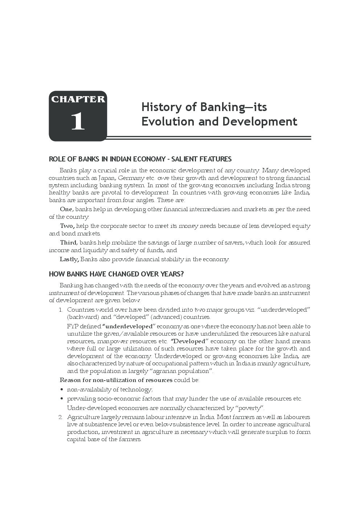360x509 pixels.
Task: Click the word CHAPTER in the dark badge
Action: click(78, 99)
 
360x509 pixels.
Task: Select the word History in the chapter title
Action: click(161, 107)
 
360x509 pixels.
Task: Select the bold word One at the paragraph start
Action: click(66, 209)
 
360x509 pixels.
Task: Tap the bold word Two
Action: click(67, 226)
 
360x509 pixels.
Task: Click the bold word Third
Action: click(68, 243)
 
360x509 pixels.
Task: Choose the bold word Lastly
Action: click(69, 259)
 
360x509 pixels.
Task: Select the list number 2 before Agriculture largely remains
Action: click(60, 417)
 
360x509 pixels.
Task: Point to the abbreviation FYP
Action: click(73, 327)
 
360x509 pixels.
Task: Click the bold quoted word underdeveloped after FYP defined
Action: click(129, 327)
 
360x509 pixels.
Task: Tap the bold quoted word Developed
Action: click(189, 341)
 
